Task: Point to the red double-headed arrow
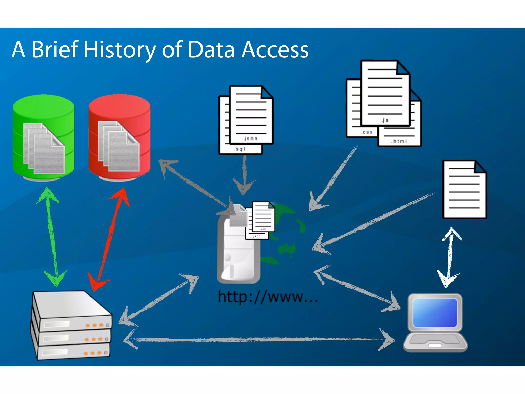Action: (109, 239)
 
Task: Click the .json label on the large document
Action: (250, 139)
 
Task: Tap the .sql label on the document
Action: (239, 149)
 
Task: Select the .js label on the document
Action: (385, 120)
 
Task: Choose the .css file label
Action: (367, 132)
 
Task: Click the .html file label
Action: (399, 141)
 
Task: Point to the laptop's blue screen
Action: (435, 312)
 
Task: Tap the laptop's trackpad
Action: (435, 345)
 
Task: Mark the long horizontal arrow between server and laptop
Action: (259, 340)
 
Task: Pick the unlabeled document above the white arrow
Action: (464, 189)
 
